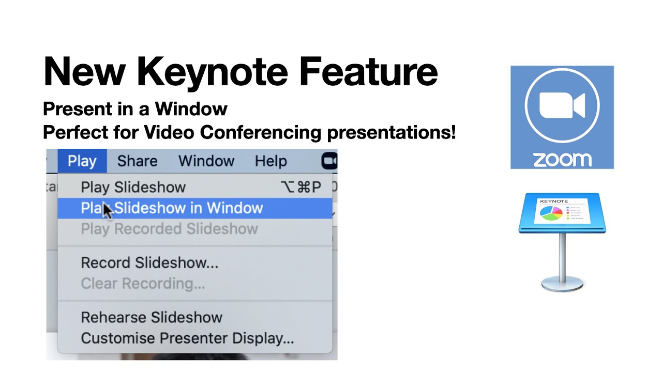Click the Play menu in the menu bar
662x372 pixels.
point(82,161)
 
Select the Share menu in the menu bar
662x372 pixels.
point(137,161)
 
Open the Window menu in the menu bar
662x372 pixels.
point(206,161)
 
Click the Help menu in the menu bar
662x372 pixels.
point(270,161)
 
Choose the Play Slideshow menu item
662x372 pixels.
point(133,187)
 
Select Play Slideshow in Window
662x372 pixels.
point(172,208)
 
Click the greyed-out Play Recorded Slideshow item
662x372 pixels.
point(169,229)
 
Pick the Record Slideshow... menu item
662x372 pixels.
point(149,262)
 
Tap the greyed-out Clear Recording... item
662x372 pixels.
point(143,284)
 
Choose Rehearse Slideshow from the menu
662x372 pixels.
point(152,317)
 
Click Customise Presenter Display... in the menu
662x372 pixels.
point(187,338)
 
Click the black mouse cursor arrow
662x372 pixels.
point(107,211)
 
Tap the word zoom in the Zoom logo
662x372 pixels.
point(562,160)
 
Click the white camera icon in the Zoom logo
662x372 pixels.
point(562,105)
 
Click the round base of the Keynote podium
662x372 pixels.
point(562,284)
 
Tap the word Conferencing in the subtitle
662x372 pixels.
point(261,133)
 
